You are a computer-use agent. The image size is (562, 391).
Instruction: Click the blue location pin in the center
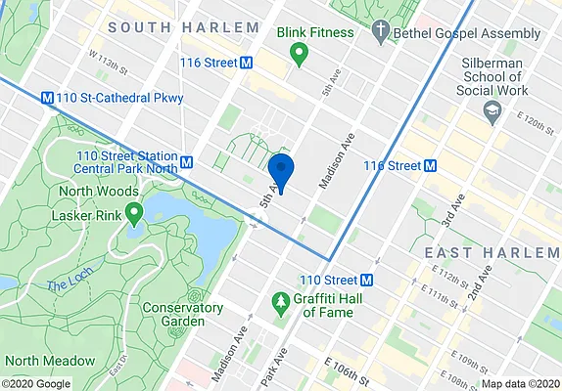pyautogui.click(x=281, y=171)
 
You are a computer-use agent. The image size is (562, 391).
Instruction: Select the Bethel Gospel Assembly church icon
pyautogui.click(x=380, y=34)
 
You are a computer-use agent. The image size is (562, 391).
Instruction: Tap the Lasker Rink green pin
pyautogui.click(x=132, y=211)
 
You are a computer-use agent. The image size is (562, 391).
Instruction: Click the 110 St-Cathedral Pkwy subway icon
pyautogui.click(x=47, y=98)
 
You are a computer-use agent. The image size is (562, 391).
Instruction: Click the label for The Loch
pyautogui.click(x=66, y=285)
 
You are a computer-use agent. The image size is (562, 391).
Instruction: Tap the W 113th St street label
pyautogui.click(x=109, y=66)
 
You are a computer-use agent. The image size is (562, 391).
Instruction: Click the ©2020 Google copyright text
pyautogui.click(x=36, y=383)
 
